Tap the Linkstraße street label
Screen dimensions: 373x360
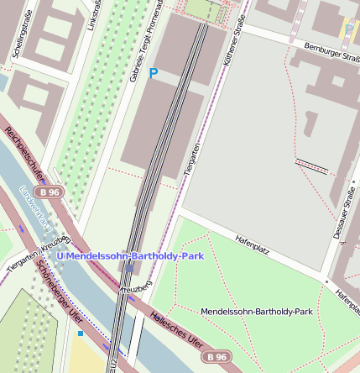(x=91, y=16)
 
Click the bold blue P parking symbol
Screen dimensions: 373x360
(x=153, y=74)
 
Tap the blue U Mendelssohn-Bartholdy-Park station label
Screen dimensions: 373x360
(x=130, y=255)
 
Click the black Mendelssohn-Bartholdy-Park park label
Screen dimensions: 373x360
(x=256, y=312)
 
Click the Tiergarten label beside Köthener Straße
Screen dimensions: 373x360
(x=192, y=159)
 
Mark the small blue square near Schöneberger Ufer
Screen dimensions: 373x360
(x=81, y=334)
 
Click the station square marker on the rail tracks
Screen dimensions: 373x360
(x=132, y=268)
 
